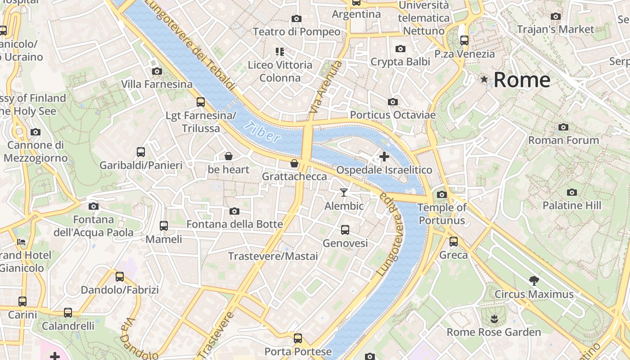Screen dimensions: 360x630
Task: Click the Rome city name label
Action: [522, 80]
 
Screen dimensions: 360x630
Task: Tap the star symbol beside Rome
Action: [484, 80]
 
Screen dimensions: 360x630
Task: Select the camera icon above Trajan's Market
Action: [556, 17]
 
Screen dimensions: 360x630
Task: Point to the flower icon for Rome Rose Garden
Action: [494, 319]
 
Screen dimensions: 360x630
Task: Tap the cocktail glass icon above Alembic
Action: [344, 193]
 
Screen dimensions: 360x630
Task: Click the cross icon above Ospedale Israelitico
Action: [384, 157]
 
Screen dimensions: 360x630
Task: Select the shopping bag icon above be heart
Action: [229, 156]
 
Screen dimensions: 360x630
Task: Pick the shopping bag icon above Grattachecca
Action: [294, 163]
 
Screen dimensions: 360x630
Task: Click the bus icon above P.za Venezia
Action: [464, 40]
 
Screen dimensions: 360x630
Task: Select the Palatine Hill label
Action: [571, 206]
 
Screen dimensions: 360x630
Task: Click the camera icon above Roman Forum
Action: [563, 127]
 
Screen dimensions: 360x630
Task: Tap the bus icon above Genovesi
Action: [345, 230]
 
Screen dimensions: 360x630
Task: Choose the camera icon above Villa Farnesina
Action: [157, 71]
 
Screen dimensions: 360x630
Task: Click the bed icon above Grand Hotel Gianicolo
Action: [21, 242]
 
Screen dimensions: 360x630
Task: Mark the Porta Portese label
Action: [298, 351]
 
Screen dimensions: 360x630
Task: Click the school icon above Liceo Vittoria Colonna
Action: [280, 52]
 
